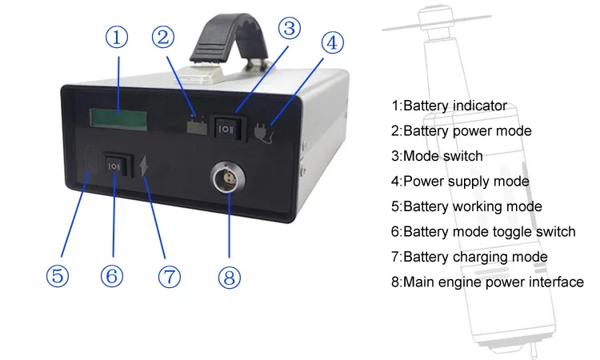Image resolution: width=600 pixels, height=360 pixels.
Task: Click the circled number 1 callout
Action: coord(118,38)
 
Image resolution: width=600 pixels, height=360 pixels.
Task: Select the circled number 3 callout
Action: coord(290,28)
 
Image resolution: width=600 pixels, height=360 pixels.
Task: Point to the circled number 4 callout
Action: coord(334,42)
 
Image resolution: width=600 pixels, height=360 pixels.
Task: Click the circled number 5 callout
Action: coord(57,276)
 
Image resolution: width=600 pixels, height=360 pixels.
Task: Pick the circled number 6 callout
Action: coord(112,276)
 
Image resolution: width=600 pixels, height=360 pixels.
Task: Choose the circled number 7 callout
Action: coord(169,277)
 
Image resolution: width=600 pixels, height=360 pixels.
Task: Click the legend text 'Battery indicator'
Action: coord(449,105)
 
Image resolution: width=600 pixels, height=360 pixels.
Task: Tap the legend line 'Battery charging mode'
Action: coord(470,257)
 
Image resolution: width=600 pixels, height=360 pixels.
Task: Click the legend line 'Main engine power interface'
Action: coord(487,282)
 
